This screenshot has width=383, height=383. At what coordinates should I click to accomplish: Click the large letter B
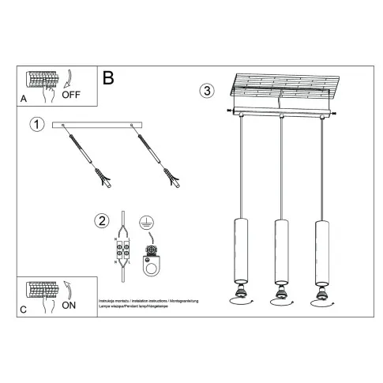pos(109,77)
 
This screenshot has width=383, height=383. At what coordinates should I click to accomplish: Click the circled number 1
pos(36,124)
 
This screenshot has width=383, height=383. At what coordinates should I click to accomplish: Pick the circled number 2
pos(101,220)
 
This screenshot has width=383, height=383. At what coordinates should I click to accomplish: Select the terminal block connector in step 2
pos(124,250)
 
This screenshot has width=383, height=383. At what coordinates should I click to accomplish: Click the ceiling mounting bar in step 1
pos(96,126)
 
